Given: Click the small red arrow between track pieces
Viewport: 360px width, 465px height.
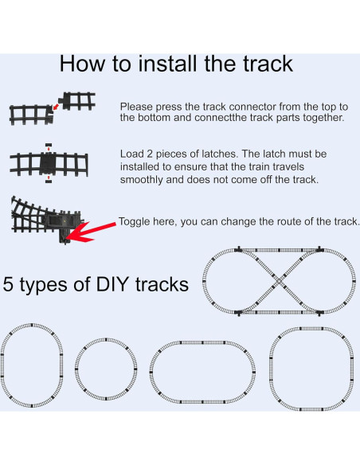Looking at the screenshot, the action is point(56,107).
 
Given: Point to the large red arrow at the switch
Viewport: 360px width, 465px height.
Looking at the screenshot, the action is point(91,231).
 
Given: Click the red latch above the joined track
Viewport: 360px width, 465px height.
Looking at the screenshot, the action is point(49,145).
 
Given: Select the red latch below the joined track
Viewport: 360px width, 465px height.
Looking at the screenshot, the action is point(49,181).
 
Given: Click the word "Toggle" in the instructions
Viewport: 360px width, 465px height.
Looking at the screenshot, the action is point(133,222).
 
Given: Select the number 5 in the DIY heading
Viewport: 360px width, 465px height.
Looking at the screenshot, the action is point(8,284).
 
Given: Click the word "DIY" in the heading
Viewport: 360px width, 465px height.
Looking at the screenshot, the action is point(112,284).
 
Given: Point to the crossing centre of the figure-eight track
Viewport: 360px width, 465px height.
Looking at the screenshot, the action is point(279,281).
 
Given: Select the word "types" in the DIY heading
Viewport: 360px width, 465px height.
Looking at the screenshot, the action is point(44,286).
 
